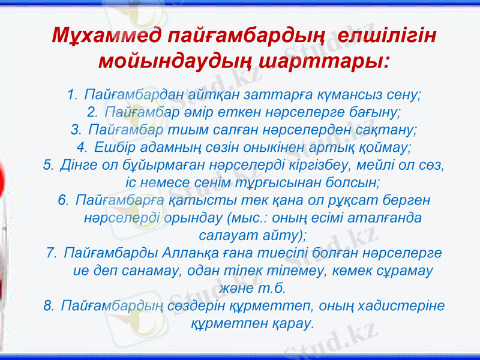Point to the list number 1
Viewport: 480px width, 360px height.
tap(72, 95)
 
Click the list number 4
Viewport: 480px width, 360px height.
tap(82, 146)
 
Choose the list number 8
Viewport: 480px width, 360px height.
tap(49, 306)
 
